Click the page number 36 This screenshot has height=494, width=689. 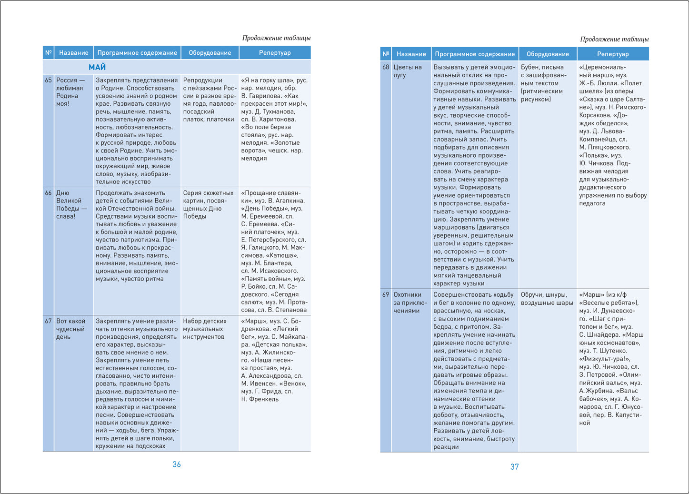[177, 464]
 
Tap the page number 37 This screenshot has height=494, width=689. [515, 467]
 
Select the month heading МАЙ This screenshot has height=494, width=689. [97, 67]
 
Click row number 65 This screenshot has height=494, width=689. [48, 80]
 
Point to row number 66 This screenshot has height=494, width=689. [48, 193]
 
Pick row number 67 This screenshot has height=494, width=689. [48, 321]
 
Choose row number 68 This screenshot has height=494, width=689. [386, 67]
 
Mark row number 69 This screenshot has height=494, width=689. [386, 294]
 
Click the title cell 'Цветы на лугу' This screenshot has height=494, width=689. [408, 71]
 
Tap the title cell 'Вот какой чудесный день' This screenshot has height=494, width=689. [70, 329]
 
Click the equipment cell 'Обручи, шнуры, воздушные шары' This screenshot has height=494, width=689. [547, 299]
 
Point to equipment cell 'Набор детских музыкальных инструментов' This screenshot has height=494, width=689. [205, 329]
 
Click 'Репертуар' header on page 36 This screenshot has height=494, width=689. [275, 53]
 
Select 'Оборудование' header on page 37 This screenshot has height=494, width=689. [548, 54]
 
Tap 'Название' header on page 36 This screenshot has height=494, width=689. [74, 53]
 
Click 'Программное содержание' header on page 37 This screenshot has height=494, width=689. [475, 54]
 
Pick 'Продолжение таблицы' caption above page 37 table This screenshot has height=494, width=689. [614, 39]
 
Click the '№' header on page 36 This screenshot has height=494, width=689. [48, 53]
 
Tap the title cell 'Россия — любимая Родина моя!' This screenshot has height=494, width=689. [70, 91]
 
